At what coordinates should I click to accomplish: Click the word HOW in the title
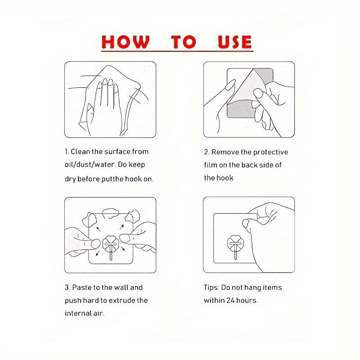126,42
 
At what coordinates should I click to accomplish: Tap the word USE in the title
234,42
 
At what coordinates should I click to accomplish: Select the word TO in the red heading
184,42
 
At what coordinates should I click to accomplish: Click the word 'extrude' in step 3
121,301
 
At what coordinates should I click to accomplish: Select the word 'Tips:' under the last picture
211,288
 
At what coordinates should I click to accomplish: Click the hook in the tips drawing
235,246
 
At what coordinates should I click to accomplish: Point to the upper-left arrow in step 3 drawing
98,229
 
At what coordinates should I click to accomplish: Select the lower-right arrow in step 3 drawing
123,248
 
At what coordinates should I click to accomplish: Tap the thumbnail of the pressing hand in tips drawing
246,223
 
